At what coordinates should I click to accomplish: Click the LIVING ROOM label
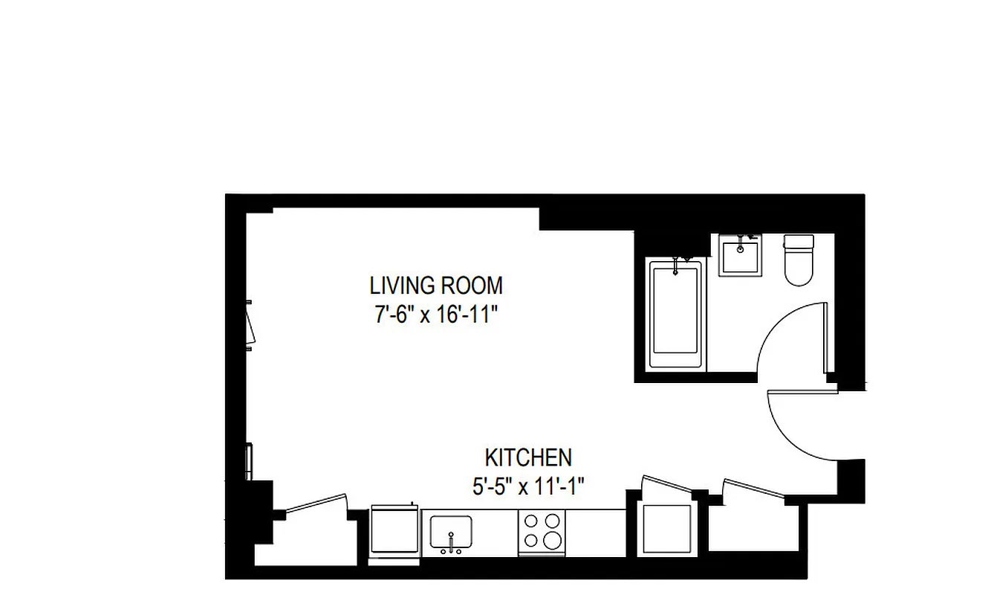[436, 286]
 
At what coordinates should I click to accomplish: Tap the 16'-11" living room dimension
[465, 315]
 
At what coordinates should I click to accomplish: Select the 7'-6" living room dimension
[393, 315]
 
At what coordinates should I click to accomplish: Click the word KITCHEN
[528, 457]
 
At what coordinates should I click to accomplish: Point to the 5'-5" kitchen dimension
[493, 487]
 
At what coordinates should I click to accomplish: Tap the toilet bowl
[799, 269]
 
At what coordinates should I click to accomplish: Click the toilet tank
[799, 242]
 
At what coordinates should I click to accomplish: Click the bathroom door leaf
[825, 338]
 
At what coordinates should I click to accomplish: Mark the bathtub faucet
[676, 266]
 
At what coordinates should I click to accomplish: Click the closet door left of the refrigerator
[316, 504]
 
